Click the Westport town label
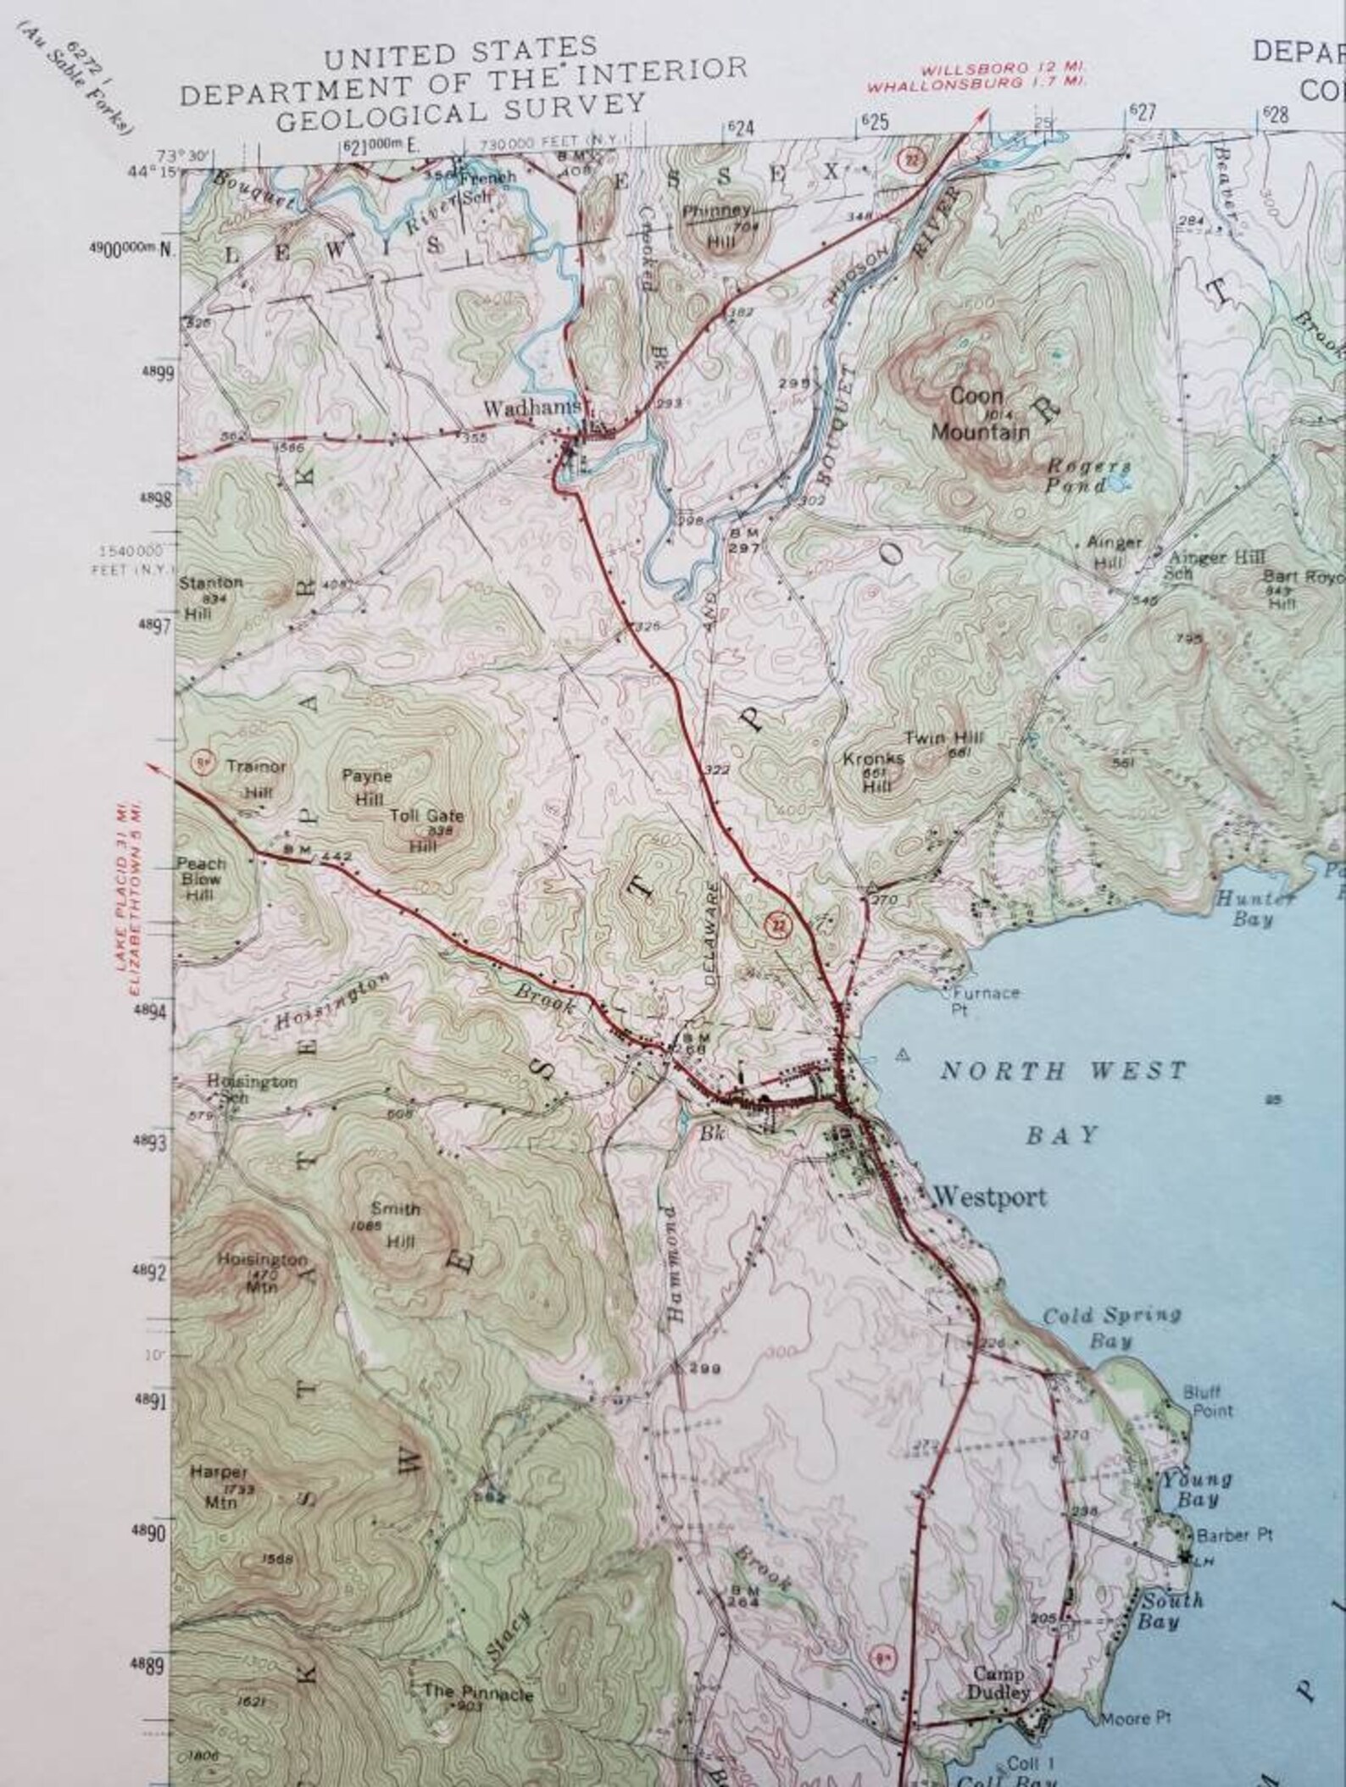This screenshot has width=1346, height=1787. tap(989, 1197)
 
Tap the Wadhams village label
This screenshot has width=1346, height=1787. tap(532, 408)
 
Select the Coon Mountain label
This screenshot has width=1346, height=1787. tap(980, 414)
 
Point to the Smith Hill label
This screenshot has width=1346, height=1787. tap(393, 1225)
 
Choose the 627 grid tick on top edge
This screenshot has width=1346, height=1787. tap(1143, 114)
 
